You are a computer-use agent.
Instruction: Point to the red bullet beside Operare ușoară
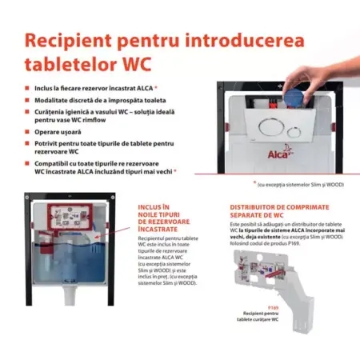(28, 134)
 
